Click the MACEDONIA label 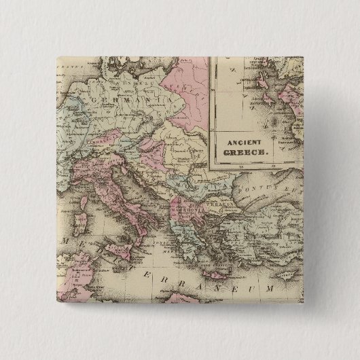click(x=183, y=208)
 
